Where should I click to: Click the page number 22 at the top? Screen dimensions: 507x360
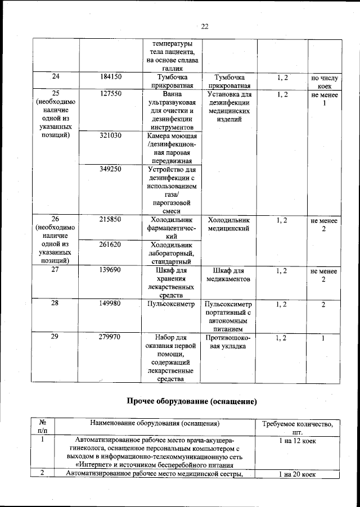coord(205,26)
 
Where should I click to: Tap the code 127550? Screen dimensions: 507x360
coord(111,94)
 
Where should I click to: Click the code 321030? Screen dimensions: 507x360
coord(111,136)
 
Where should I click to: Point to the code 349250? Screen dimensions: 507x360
coord(111,169)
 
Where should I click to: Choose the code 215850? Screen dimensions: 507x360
coord(111,220)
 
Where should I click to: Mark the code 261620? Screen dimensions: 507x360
coord(111,245)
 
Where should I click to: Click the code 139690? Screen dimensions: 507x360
coord(111,270)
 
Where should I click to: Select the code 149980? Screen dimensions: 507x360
coord(111,304)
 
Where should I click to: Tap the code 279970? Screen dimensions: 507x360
coord(111,337)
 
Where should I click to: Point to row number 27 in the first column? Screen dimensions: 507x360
coord(55,270)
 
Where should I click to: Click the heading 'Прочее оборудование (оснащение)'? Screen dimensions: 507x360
coord(191,402)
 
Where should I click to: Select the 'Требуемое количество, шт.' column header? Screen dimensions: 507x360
coord(298,428)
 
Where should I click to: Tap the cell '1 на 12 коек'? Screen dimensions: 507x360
coord(298,441)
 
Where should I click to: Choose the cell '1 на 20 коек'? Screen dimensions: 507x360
coord(298,474)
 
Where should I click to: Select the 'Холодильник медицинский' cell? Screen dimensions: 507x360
coord(228,225)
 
